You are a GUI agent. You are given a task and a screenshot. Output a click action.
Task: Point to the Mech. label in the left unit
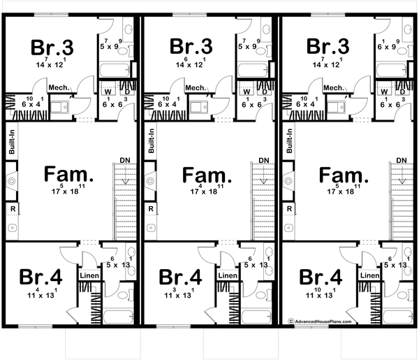(57, 87)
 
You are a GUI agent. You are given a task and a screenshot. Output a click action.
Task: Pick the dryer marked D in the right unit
(402, 91)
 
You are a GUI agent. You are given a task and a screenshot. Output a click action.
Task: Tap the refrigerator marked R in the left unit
(12, 209)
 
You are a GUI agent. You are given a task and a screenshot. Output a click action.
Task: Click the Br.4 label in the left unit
(41, 277)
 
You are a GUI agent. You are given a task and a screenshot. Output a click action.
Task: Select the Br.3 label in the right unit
(328, 48)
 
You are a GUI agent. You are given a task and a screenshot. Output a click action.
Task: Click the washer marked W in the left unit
(108, 91)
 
